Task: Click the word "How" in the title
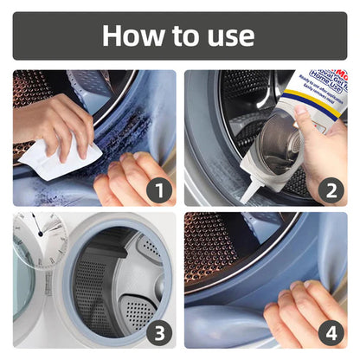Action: pos(133,35)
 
